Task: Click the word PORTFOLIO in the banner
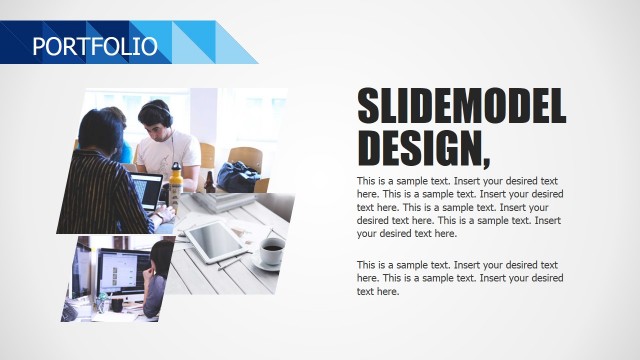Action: tap(95, 45)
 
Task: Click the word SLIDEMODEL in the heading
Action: tap(461, 106)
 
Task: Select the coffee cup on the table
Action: tap(271, 251)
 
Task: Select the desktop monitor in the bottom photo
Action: tap(122, 272)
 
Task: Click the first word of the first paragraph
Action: tap(367, 181)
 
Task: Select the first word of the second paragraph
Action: tap(367, 265)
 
